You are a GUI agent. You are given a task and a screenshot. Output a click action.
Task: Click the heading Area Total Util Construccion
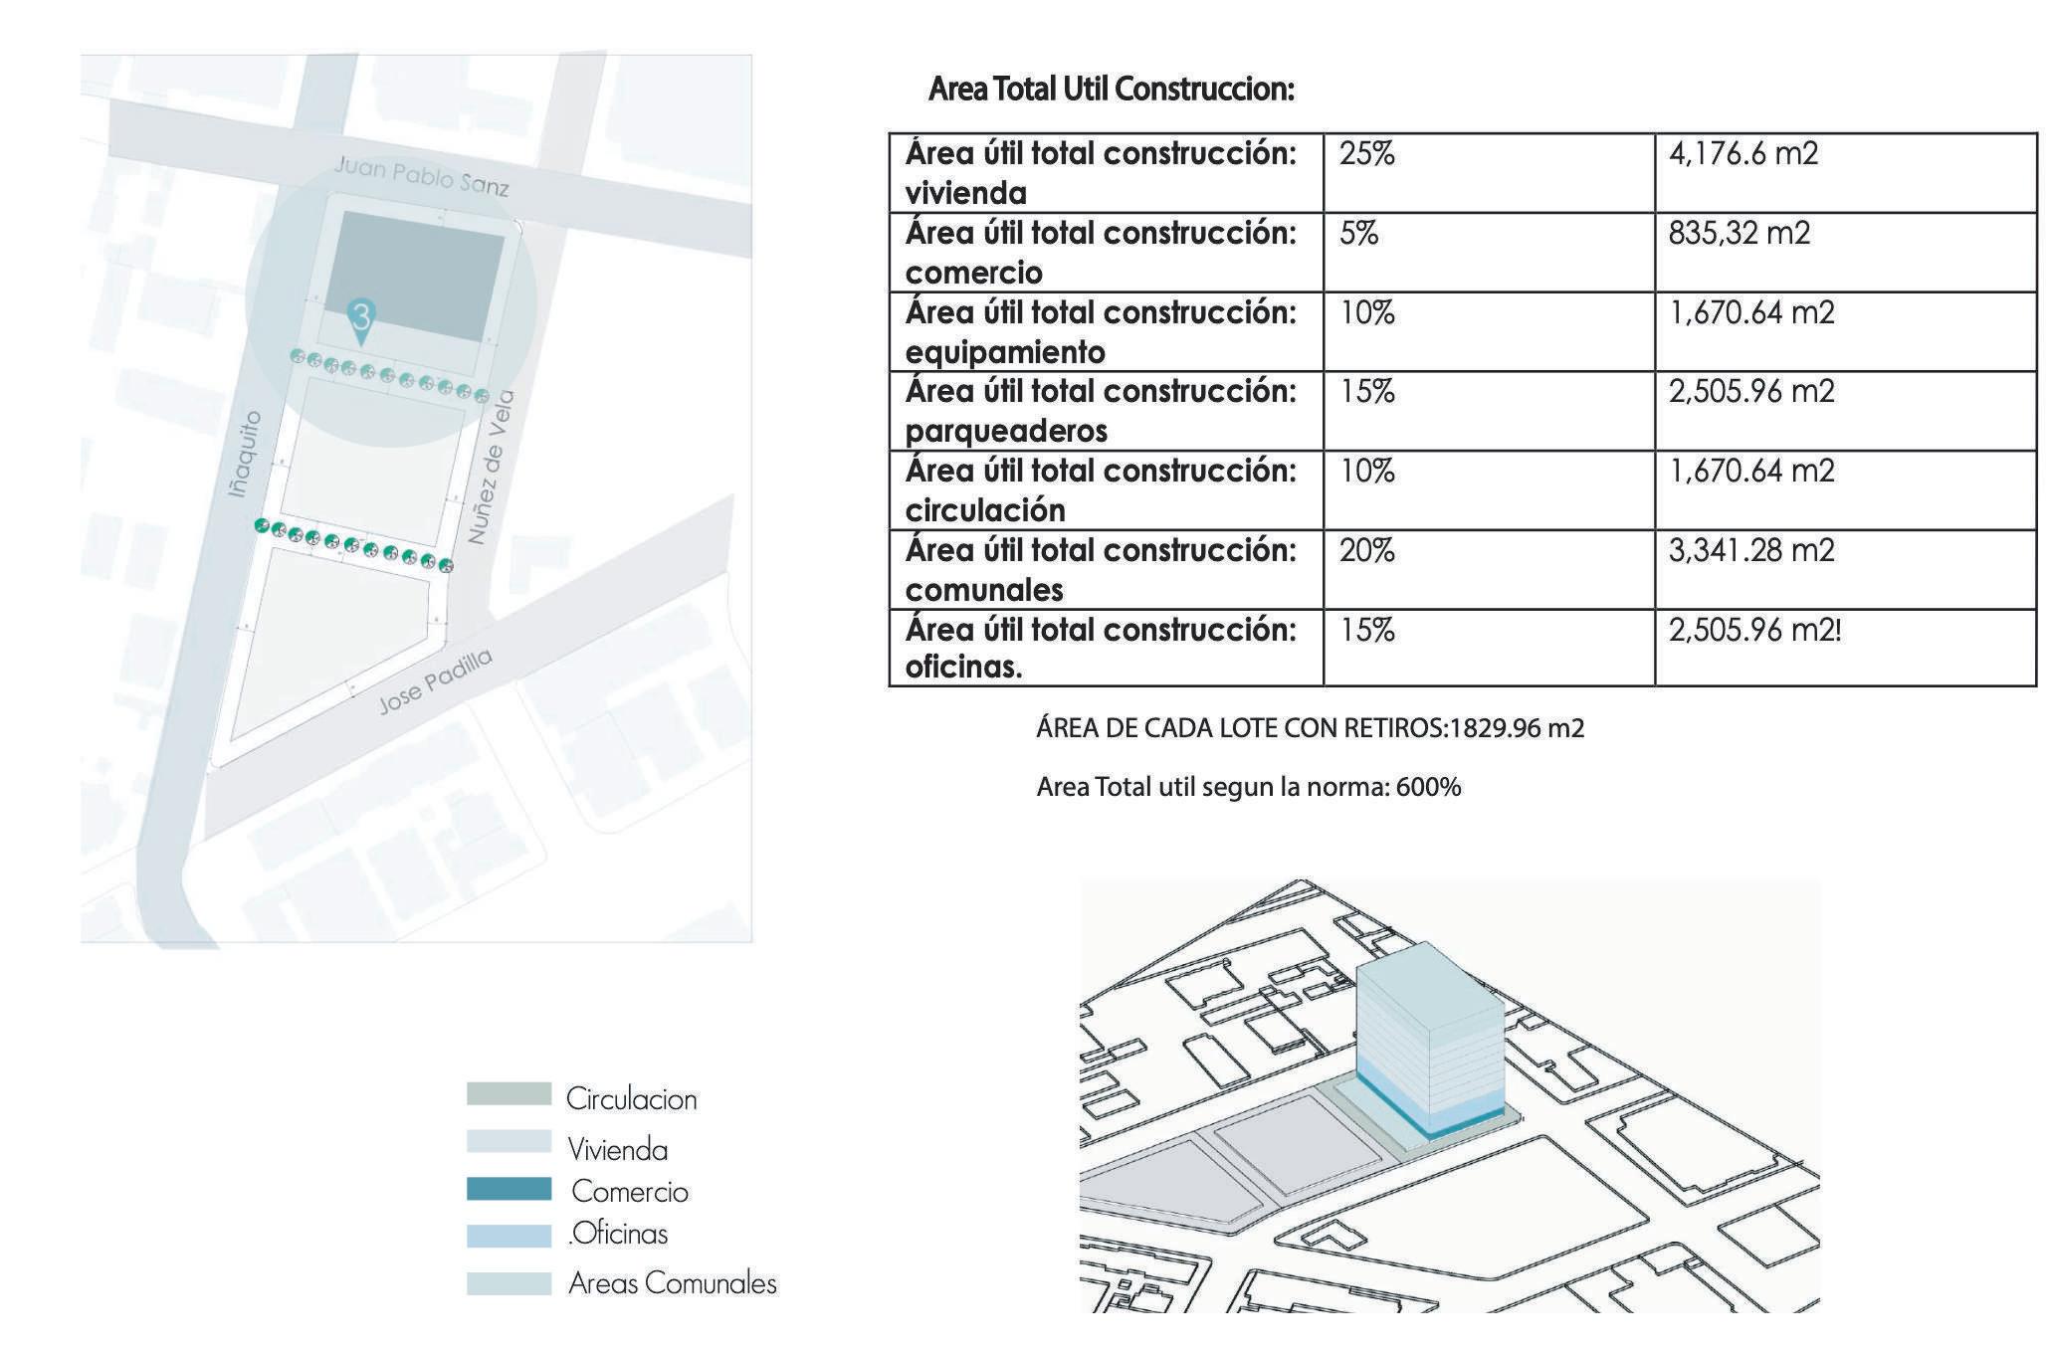1111,90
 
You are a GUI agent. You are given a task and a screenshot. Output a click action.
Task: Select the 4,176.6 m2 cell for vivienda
1742,154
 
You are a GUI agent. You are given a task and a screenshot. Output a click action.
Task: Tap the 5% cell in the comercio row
1358,234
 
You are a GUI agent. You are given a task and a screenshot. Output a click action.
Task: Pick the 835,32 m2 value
1739,234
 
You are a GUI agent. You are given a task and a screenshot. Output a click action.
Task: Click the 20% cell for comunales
1366,550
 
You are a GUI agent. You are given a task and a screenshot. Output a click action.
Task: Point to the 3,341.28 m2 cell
1750,550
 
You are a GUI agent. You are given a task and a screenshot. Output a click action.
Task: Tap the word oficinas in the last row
963,667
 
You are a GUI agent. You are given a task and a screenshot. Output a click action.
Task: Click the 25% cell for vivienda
1366,154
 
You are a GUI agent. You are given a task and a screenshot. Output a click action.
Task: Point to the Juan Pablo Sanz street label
422,176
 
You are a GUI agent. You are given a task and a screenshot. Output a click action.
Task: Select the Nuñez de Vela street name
491,468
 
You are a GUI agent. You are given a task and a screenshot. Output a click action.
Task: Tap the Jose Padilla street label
435,681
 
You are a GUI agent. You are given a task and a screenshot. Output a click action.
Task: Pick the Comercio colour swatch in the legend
509,1190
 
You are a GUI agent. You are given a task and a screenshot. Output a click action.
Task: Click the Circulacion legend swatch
509,1094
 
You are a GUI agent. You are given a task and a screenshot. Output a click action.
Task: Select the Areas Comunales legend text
672,1283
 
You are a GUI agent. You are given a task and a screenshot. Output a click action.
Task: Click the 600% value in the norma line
1428,788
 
